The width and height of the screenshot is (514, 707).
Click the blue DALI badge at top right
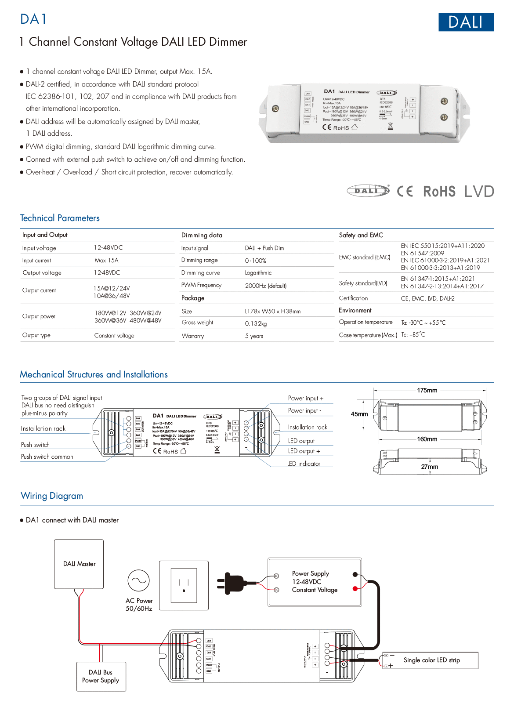point(466,22)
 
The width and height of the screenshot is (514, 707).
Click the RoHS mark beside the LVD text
point(439,192)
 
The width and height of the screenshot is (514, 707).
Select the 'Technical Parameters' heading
point(60,218)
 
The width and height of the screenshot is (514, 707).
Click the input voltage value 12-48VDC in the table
point(108,248)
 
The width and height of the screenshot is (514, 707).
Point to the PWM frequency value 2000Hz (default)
point(265,286)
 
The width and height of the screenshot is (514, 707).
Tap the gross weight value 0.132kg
point(256,323)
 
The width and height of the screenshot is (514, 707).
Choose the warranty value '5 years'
point(254,336)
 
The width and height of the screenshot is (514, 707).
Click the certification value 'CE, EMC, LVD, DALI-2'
point(427,298)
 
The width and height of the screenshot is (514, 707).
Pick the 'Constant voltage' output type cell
point(114,336)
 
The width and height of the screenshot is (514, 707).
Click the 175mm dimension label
point(427,390)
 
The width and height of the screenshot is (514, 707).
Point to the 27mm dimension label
point(429,467)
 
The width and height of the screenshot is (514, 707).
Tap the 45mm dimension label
point(359,414)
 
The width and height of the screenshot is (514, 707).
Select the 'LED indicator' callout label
point(304,464)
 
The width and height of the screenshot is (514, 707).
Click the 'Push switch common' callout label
point(47,457)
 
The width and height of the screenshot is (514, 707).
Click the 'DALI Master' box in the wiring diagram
point(79,564)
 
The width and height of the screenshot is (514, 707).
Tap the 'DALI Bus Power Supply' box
point(101,676)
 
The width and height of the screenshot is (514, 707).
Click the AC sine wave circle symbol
point(138,580)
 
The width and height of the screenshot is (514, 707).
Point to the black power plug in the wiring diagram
point(231,583)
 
